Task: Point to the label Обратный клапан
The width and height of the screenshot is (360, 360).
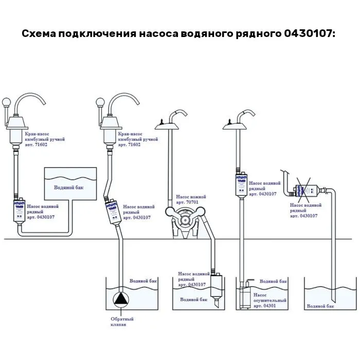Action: (119, 321)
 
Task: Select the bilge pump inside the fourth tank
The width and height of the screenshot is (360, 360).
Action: (247, 293)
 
